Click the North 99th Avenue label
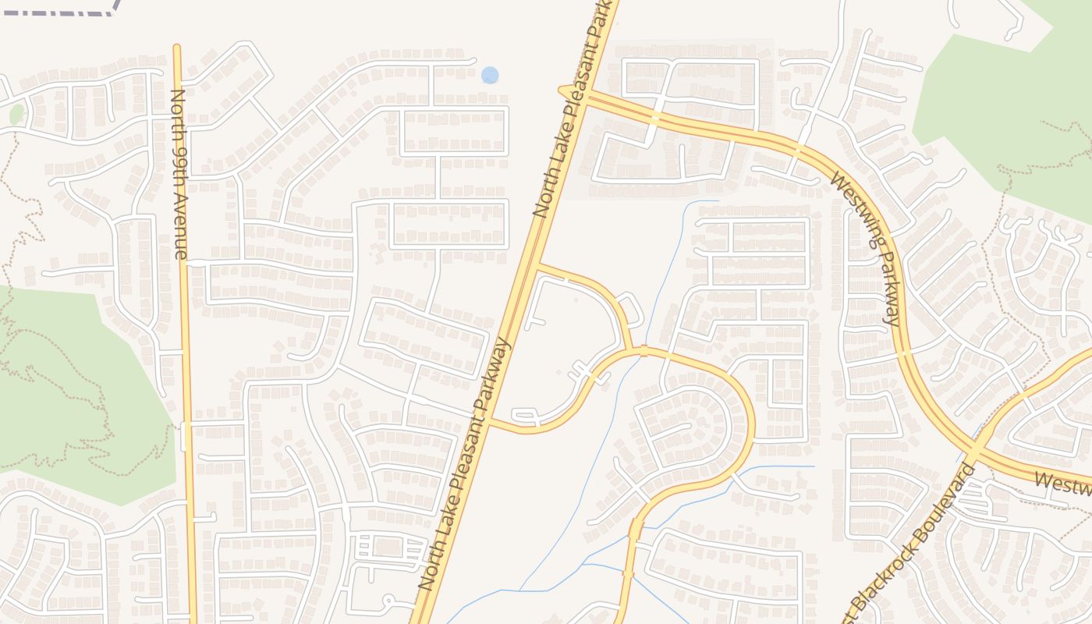click(179, 173)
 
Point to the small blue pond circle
click(490, 75)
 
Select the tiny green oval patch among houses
click(16, 115)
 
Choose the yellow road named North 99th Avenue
click(186, 351)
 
